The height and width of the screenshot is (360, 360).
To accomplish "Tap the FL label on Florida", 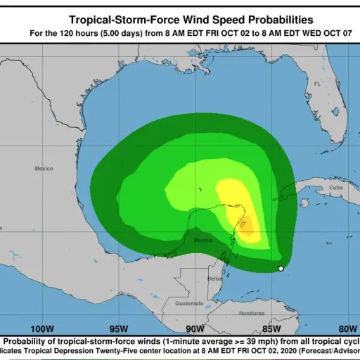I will coord(317,83).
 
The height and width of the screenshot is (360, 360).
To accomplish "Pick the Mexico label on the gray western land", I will coord(44,168).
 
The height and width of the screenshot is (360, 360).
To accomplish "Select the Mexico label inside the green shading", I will coord(202,240).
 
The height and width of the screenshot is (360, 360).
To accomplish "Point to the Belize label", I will coord(216,278).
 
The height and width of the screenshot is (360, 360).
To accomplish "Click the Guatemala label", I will coord(189,303).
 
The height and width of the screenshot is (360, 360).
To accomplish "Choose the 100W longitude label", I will coord(42,328).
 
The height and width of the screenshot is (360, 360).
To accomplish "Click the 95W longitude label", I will coord(119,328).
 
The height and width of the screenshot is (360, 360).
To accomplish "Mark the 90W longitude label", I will coord(195,328).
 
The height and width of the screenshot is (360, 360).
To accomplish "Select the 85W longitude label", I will coord(271,328).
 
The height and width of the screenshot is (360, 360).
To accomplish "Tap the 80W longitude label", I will coord(347,328).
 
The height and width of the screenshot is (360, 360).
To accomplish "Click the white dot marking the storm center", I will coord(281,269).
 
